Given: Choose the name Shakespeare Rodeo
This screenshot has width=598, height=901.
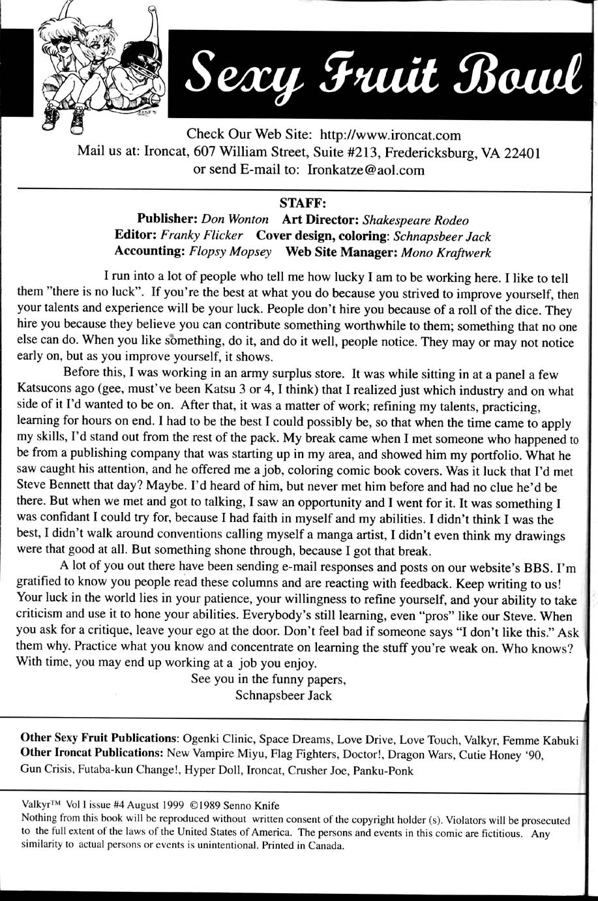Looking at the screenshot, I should tap(415, 220).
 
